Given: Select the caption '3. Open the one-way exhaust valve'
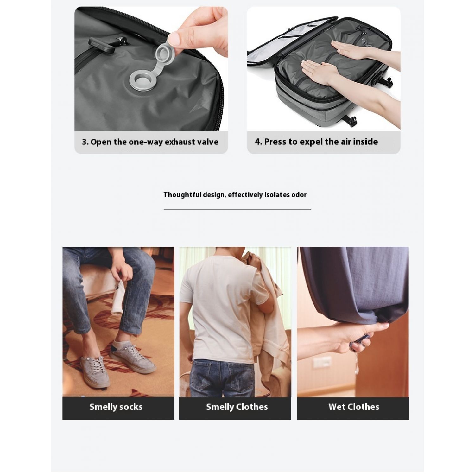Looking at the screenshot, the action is point(150,142).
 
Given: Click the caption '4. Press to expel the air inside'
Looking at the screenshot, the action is point(316,142).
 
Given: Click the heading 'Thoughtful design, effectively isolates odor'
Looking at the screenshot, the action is point(235,194).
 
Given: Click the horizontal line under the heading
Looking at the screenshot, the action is point(237,209).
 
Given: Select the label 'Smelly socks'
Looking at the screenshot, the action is point(116,407).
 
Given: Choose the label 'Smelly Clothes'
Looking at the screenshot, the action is point(237,407).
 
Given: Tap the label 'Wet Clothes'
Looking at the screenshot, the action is point(354,407).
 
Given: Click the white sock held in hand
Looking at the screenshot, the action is point(118,298).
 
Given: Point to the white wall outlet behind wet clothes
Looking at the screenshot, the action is point(322,362).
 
